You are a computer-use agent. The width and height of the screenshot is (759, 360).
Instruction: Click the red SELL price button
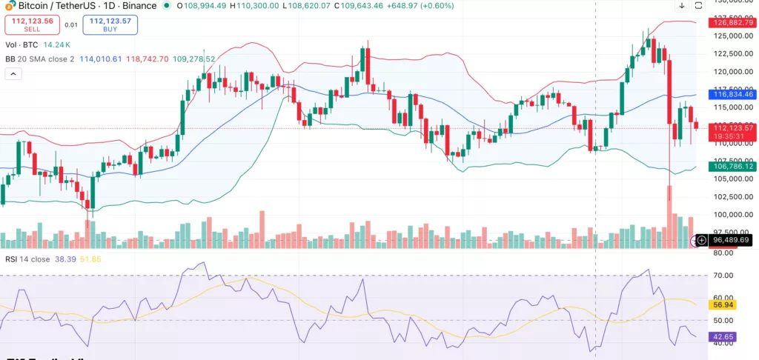pos(32,24)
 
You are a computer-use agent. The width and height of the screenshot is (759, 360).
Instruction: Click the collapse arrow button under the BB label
pos(13,74)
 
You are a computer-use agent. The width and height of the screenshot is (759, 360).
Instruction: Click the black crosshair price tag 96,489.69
pos(732,240)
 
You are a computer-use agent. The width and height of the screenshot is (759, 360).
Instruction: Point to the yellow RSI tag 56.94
pos(722,304)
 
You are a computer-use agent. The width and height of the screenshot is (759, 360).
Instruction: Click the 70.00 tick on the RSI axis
pos(722,275)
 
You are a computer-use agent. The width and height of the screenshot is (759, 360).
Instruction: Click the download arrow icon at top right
pos(681,6)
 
